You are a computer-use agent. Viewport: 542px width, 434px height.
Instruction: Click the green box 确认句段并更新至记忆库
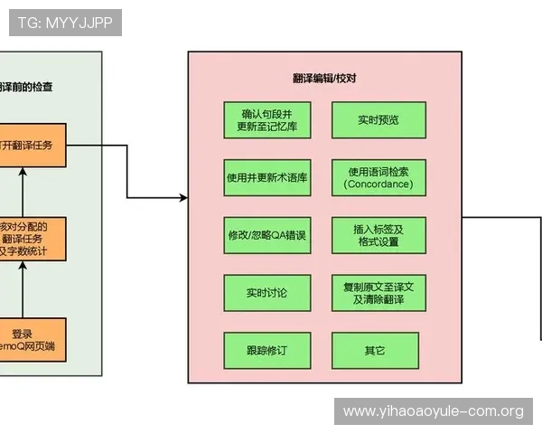tap(267, 120)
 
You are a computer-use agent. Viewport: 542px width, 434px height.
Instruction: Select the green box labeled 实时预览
tap(377, 120)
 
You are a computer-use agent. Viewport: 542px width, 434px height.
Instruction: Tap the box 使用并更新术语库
tap(267, 177)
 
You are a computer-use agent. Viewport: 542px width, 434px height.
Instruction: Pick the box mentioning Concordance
tap(377, 177)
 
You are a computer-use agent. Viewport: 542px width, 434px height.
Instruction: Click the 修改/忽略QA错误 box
tap(267, 235)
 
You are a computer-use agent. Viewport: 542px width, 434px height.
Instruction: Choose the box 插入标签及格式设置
tap(377, 235)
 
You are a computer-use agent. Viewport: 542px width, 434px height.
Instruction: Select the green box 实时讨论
tap(267, 293)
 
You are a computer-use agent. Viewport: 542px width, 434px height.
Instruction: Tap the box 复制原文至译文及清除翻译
tap(377, 293)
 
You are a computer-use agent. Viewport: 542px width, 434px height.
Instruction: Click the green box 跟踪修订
tap(267, 350)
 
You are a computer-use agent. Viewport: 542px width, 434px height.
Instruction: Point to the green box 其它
tap(375, 350)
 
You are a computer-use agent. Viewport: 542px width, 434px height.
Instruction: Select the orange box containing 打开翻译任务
tap(33, 145)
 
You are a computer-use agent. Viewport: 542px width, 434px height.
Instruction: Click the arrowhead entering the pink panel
tap(183, 197)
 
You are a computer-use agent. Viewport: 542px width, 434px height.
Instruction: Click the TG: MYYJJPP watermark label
tap(64, 23)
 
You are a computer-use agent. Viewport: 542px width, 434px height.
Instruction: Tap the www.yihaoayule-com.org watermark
tap(433, 411)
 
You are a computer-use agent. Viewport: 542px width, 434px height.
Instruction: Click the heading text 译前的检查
tap(27, 87)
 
